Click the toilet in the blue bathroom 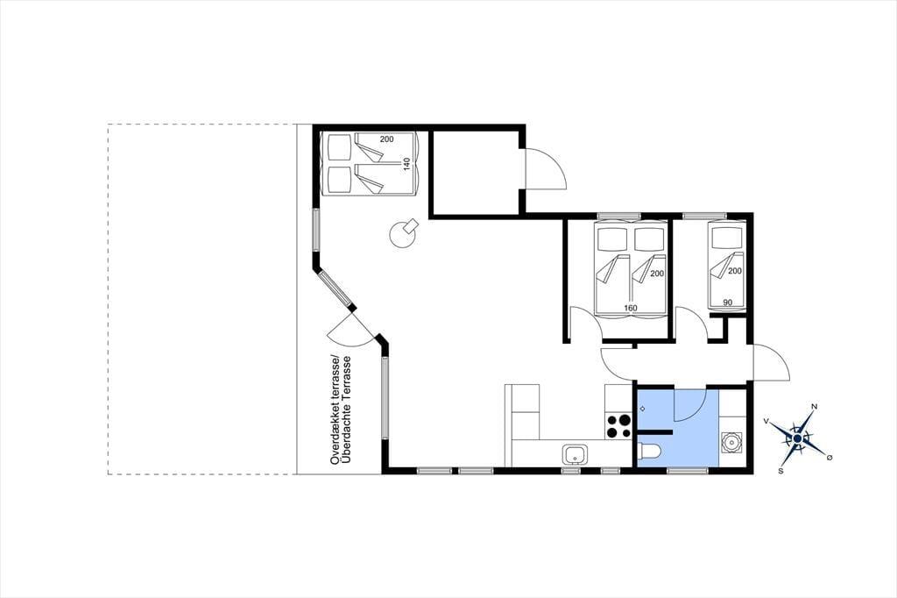[649, 452]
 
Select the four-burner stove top [618, 426]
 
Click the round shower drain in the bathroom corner [731, 442]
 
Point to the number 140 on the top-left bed [406, 164]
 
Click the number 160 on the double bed [631, 308]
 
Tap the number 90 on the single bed [728, 303]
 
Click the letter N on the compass [814, 407]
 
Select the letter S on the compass [780, 471]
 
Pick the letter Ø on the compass [830, 457]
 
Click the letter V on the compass [766, 421]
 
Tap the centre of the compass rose [797, 438]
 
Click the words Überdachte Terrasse [345, 410]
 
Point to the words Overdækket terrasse [335, 410]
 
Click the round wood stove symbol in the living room [402, 233]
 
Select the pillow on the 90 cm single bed [725, 235]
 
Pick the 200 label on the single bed [735, 271]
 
